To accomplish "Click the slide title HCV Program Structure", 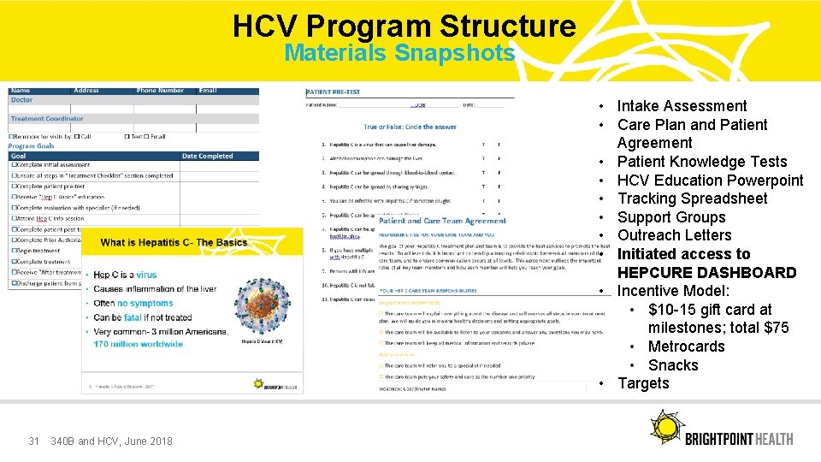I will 404,27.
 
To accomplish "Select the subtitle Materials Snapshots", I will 399,53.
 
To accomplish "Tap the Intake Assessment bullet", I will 682,106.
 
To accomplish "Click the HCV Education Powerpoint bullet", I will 710,181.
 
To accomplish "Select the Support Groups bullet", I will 670,217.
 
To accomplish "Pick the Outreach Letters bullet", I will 674,235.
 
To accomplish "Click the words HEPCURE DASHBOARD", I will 706,273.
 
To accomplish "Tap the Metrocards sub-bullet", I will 686,346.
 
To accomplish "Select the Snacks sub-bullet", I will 673,365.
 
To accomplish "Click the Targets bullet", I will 643,383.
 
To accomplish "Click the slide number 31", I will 34,441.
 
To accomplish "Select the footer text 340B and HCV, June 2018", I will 111,441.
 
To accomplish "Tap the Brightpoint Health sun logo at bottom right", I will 665,427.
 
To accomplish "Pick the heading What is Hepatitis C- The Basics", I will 174,242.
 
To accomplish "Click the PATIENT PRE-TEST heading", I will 334,92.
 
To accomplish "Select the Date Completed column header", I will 207,157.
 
